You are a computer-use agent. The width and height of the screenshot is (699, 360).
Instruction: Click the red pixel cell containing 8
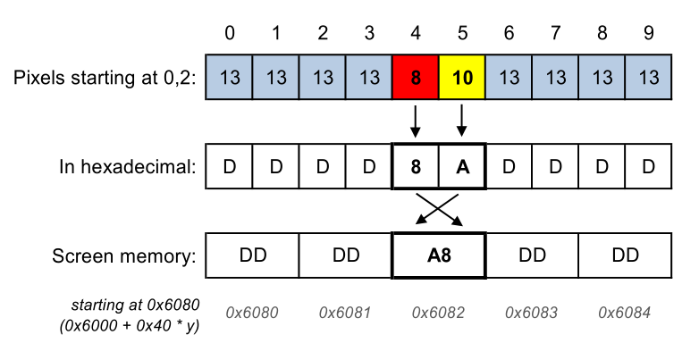click(x=416, y=77)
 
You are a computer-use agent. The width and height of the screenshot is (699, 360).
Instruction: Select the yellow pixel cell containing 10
click(x=462, y=77)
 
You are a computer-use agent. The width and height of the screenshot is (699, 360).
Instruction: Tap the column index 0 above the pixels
click(x=230, y=34)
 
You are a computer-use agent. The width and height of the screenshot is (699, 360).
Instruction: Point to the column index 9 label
click(x=648, y=34)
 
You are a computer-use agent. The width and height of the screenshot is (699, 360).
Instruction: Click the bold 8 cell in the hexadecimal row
click(x=416, y=166)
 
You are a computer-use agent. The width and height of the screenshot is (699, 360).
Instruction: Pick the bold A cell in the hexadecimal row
click(x=462, y=166)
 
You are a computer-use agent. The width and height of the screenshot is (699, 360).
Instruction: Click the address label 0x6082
click(x=438, y=313)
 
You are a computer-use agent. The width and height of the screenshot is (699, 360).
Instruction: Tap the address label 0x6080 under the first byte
click(x=252, y=313)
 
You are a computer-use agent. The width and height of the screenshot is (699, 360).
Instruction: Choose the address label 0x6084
click(x=624, y=313)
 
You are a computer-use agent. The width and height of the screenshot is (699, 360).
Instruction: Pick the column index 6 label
click(x=509, y=34)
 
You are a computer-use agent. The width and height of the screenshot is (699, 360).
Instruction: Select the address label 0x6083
click(x=531, y=313)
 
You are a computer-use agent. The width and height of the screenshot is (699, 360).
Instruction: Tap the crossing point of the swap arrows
click(x=439, y=208)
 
